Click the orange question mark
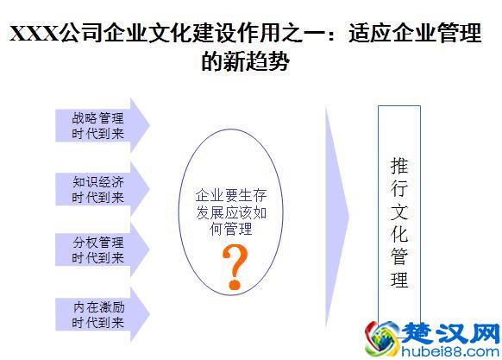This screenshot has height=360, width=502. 231,266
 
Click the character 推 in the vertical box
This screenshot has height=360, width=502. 399,164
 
